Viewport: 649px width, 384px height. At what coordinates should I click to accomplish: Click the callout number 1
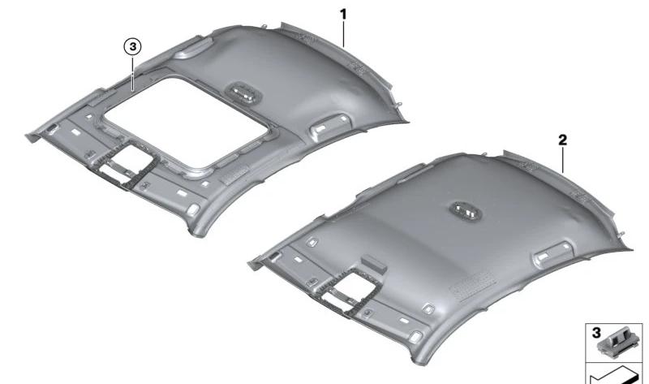pos(343,14)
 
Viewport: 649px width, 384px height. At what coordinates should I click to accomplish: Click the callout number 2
pos(561,140)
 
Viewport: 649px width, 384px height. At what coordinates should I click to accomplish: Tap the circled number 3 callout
pos(132,48)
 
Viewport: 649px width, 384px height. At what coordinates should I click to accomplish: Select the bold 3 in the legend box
pos(595,334)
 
